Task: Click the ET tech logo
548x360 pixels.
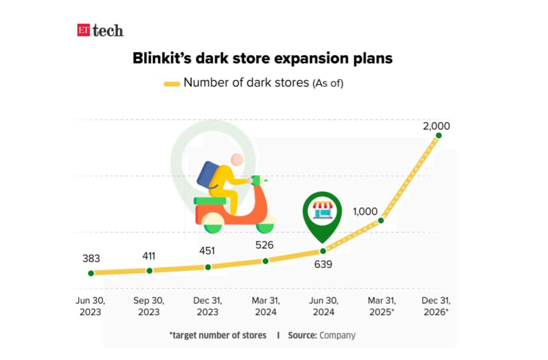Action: click(x=100, y=31)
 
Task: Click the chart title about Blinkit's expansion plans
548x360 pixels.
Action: click(x=262, y=58)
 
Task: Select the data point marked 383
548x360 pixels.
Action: click(x=91, y=273)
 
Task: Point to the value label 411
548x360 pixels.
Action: click(x=149, y=256)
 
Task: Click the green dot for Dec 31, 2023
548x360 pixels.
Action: click(x=208, y=267)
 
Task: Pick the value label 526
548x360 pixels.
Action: click(x=264, y=245)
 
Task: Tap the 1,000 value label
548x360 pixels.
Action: click(x=366, y=212)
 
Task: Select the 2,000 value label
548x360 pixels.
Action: click(x=436, y=126)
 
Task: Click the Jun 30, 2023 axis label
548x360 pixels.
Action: click(x=91, y=306)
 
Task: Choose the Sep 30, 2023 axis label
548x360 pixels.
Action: click(x=149, y=306)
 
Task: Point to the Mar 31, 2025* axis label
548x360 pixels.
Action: click(x=381, y=306)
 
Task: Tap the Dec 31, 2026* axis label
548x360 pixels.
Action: click(x=436, y=306)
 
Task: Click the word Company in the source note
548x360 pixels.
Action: click(x=337, y=335)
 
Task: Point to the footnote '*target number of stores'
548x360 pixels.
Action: click(x=218, y=335)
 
